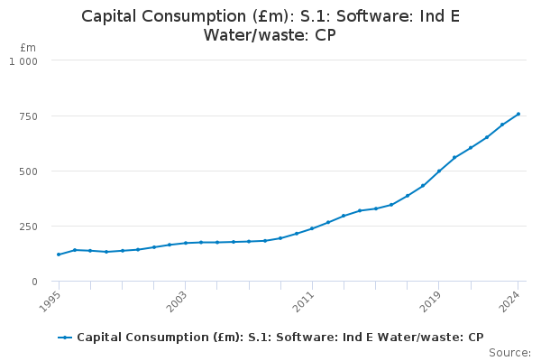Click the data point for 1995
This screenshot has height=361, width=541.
[59, 255]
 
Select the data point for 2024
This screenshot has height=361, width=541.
[518, 114]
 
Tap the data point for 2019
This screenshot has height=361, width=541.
[439, 171]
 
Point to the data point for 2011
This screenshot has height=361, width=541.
[312, 228]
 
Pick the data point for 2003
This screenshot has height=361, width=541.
[186, 243]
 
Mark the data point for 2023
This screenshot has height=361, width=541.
[502, 125]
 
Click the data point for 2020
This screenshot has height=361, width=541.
[454, 158]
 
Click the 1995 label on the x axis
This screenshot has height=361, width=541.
[52, 300]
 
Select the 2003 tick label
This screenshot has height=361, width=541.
[179, 300]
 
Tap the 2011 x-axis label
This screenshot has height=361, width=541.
[306, 300]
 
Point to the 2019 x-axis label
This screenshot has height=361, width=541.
[433, 300]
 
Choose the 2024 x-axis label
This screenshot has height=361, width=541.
[511, 300]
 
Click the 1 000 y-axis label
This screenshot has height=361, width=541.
[23, 60]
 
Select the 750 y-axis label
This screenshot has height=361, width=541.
[28, 116]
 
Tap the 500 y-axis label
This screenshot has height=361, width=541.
[28, 171]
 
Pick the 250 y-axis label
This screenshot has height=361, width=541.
[28, 227]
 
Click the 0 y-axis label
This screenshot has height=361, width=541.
[33, 282]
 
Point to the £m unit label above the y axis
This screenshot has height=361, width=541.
[28, 47]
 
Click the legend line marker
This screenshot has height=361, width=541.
[65, 338]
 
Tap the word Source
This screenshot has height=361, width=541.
[509, 353]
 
